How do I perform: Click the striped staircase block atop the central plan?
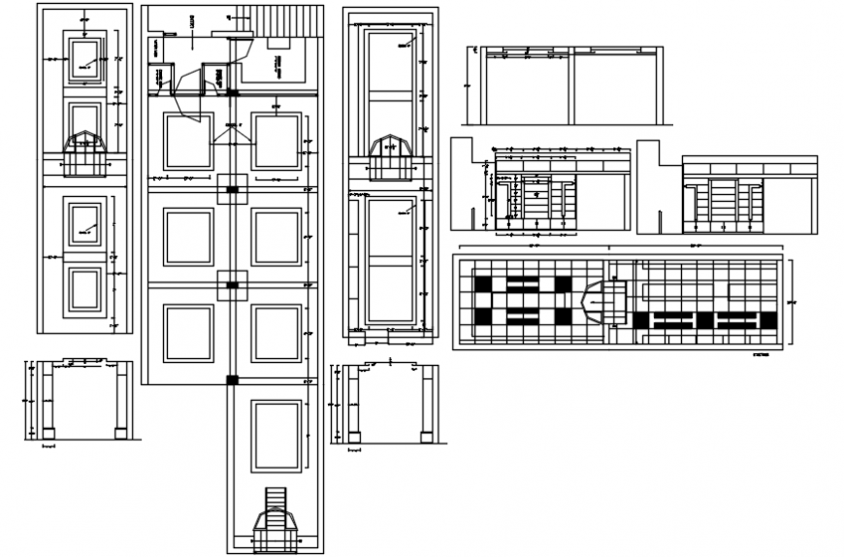point(280,20)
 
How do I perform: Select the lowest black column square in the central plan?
point(233,379)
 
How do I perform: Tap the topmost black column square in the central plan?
point(233,93)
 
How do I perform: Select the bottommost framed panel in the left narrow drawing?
point(83,289)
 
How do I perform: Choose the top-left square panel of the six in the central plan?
point(188,142)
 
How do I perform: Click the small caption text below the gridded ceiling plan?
point(762,356)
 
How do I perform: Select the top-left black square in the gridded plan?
point(482,284)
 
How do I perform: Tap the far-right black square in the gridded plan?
point(768,320)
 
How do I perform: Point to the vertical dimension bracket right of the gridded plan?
point(790,301)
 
